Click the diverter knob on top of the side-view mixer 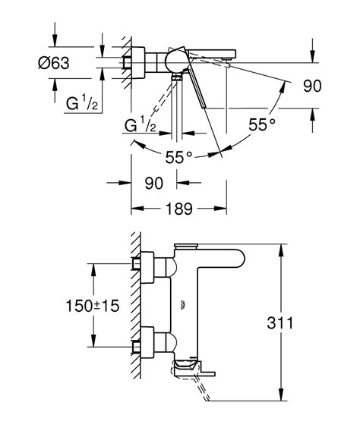coord(185,245)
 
